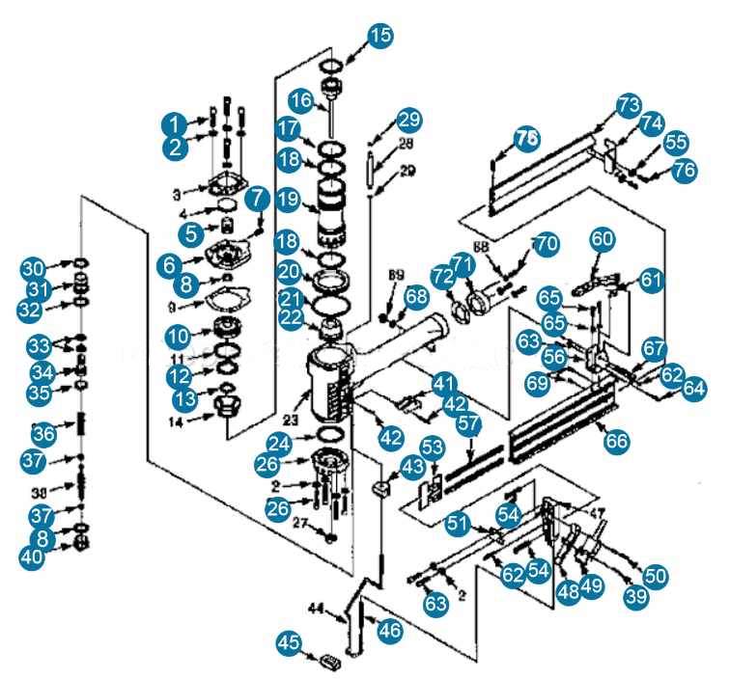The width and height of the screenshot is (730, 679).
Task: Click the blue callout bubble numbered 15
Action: pos(380,37)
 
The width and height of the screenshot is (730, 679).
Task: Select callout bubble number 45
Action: pos(289,641)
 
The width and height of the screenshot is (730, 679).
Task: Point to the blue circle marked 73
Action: pos(630,104)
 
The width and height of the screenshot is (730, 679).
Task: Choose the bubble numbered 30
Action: pos(35,267)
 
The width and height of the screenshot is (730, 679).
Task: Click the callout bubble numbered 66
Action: pos(615,441)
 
